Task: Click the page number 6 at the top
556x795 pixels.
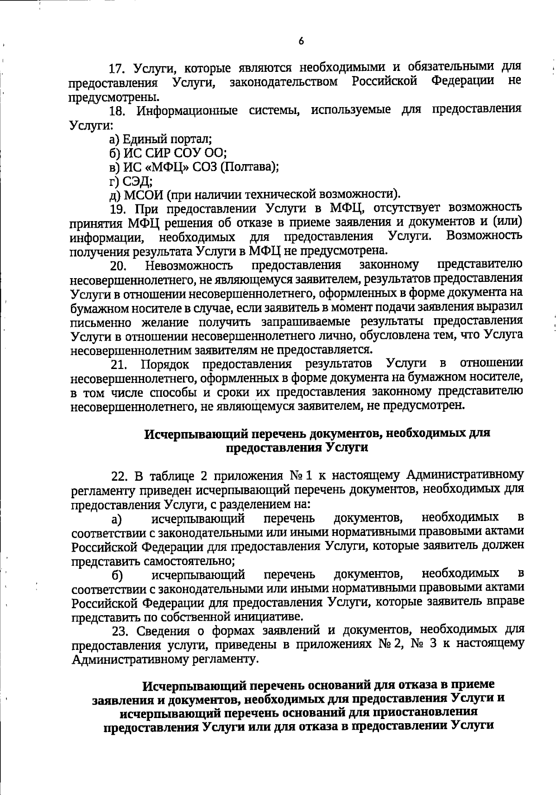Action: pyautogui.click(x=301, y=41)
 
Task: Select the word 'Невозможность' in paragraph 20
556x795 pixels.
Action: pyautogui.click(x=189, y=266)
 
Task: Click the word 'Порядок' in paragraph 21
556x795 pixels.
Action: pyautogui.click(x=165, y=364)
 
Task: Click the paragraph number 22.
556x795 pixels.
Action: pyautogui.click(x=119, y=477)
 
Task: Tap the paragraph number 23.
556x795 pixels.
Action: pyautogui.click(x=120, y=631)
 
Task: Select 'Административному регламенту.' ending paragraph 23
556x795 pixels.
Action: pyautogui.click(x=164, y=659)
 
